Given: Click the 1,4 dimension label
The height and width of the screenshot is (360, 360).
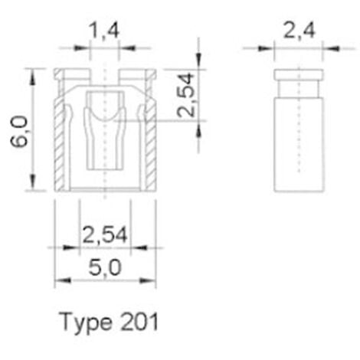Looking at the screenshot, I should tap(104, 33).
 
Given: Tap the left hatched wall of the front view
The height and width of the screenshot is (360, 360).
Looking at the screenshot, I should tap(60, 142).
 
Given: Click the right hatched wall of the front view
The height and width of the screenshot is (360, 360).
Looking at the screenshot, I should tap(150, 142).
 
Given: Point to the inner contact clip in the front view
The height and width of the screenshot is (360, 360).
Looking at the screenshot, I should tap(104, 130).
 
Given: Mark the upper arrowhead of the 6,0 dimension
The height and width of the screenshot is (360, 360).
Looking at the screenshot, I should tap(32, 74).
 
